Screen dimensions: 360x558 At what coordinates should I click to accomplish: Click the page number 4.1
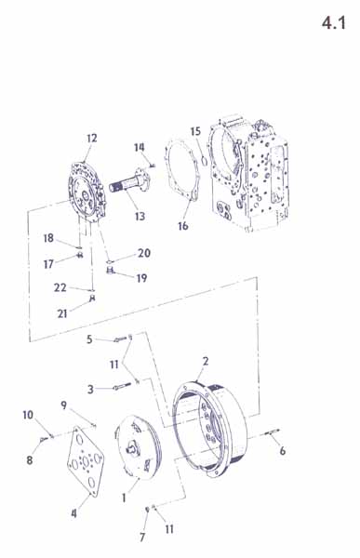(334, 23)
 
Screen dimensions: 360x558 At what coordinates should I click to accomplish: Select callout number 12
(91, 138)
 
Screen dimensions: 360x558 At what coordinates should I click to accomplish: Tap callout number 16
(183, 226)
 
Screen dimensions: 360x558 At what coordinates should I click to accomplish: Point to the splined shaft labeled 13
(130, 182)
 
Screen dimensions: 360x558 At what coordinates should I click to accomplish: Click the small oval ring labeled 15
(204, 161)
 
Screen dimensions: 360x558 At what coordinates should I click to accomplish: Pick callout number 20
(144, 253)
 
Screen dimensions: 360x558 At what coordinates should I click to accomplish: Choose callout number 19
(141, 278)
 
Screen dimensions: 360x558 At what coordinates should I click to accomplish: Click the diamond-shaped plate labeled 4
(86, 461)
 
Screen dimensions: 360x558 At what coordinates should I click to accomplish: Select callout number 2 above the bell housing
(206, 361)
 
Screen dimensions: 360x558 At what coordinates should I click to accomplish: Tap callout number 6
(283, 451)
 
